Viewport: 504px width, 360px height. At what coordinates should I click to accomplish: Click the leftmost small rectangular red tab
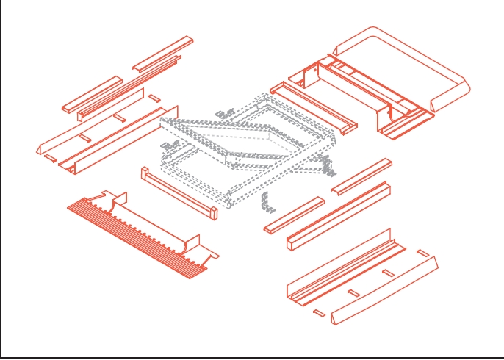[49, 157]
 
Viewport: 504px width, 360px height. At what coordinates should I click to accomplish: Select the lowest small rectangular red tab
[319, 313]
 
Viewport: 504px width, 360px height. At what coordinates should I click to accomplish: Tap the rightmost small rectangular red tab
[422, 253]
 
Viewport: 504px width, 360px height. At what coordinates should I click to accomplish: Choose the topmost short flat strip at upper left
[163, 52]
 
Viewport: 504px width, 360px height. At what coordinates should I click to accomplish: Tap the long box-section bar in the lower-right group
[338, 217]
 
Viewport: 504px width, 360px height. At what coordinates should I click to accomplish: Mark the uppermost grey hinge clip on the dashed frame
[224, 113]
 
